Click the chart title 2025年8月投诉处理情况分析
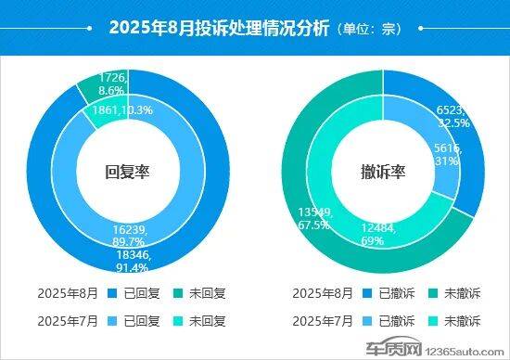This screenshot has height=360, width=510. [219, 28]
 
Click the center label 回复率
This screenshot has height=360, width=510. [127, 171]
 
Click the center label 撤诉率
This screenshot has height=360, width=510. [383, 171]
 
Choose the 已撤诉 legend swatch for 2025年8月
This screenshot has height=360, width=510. [367, 293]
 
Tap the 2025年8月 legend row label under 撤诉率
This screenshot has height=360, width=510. [321, 293]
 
